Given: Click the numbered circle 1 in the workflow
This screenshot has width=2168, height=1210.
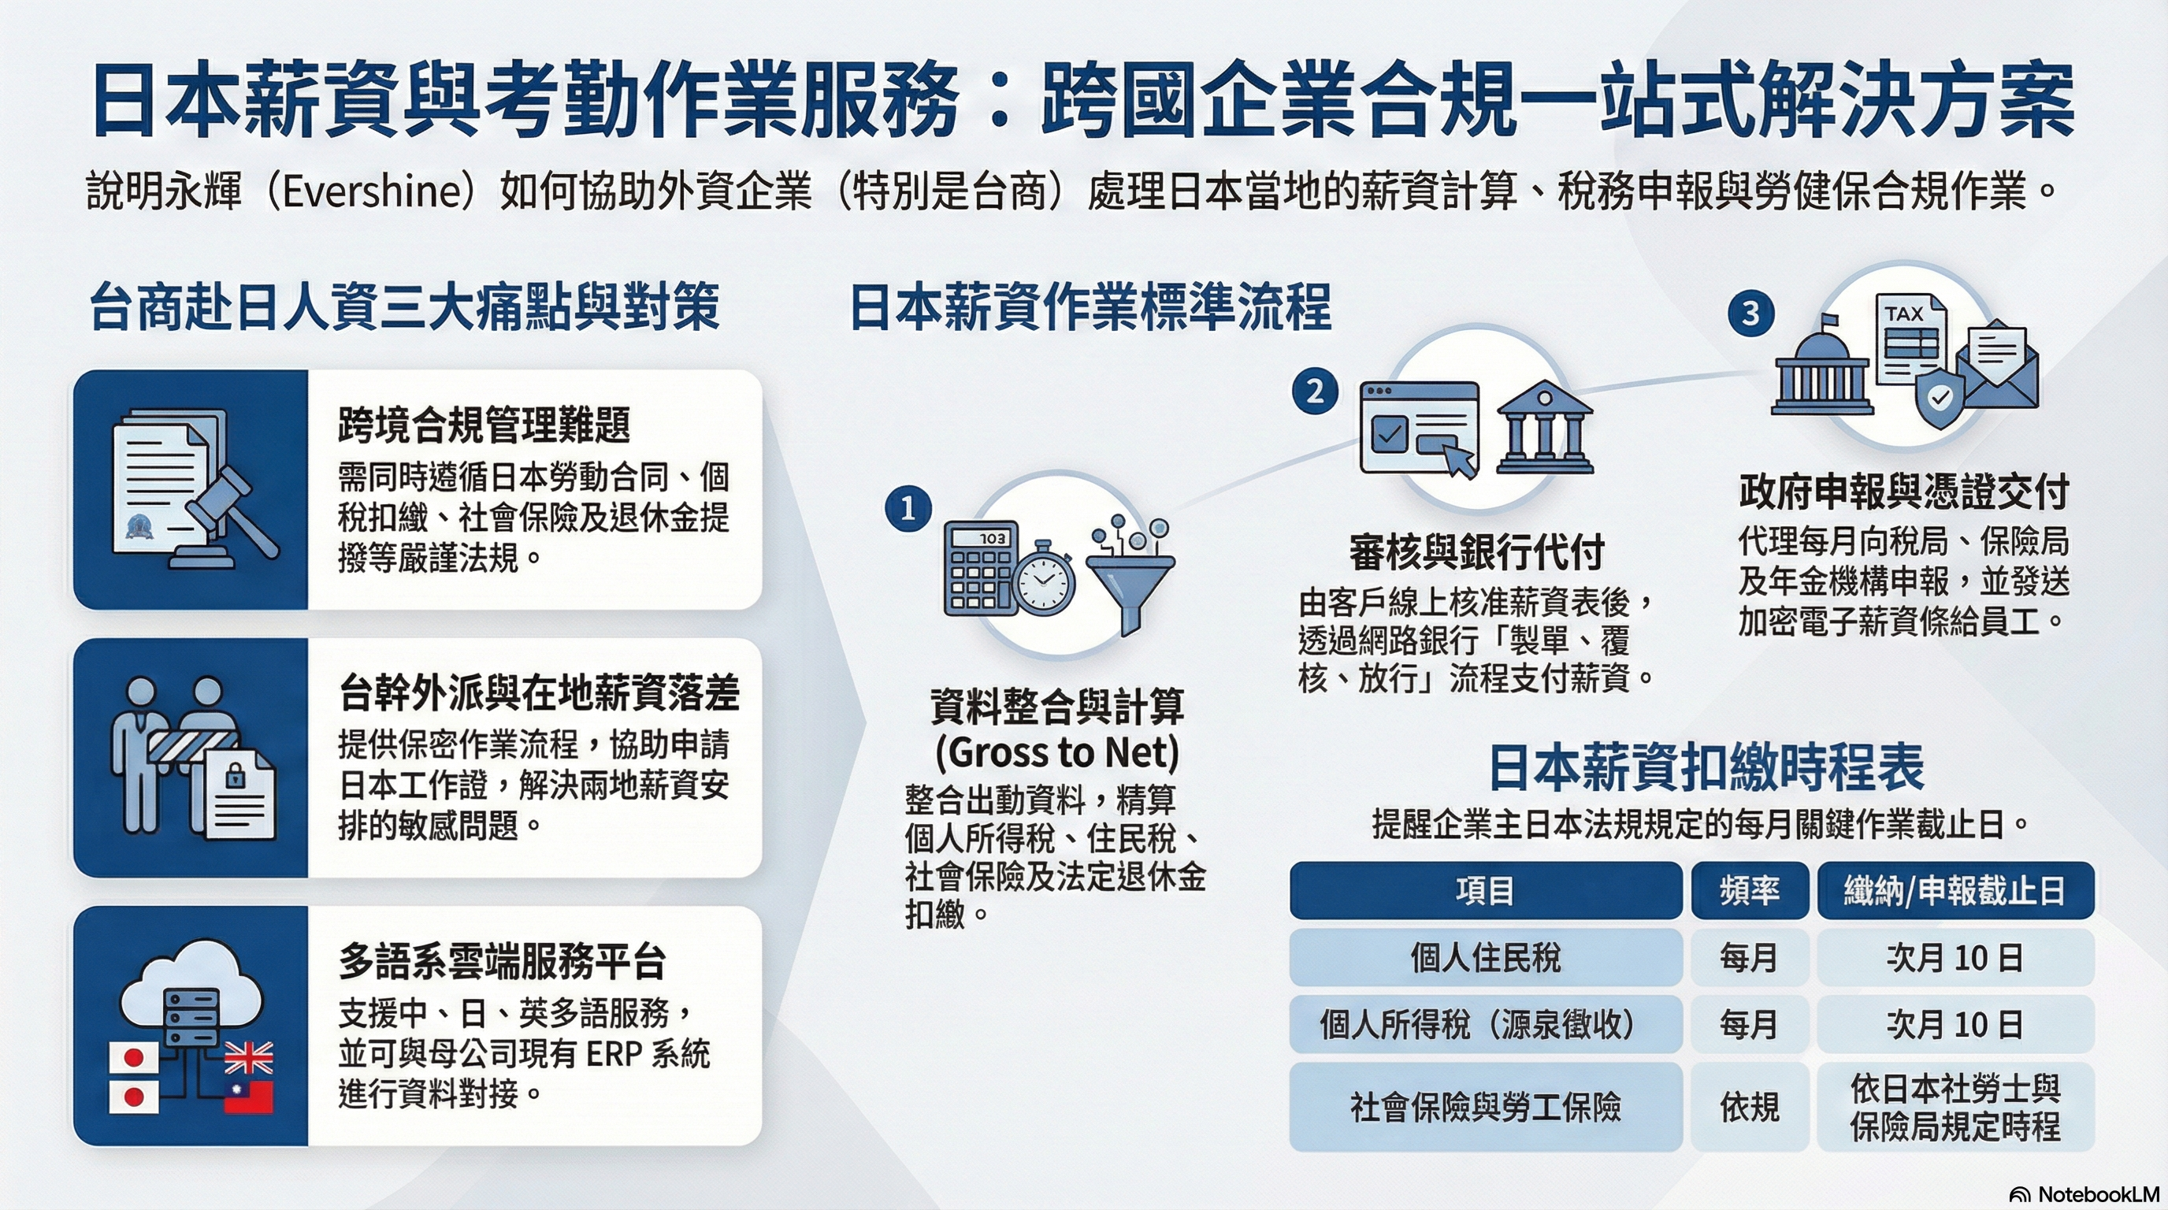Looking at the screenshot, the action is coord(908,509).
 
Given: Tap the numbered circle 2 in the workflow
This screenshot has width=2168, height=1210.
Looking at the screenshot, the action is coord(1316,392).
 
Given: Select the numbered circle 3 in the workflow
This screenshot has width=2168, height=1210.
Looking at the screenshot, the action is coord(1751,313).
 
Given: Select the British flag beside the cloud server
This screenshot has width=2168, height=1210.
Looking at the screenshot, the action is coord(249,1058).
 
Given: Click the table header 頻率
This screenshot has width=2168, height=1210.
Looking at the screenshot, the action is coord(1750,890).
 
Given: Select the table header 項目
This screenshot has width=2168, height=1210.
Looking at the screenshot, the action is coord(1486,890).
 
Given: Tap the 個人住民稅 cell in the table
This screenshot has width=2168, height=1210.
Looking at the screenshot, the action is coord(1486,958).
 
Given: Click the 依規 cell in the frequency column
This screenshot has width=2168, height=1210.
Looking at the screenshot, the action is coord(1750,1108).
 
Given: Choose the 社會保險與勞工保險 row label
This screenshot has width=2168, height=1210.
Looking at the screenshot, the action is coord(1486,1108).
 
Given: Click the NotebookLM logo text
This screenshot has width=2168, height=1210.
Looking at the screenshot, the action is coord(2097,1194).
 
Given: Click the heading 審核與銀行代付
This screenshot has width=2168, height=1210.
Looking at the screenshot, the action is coord(1477,552).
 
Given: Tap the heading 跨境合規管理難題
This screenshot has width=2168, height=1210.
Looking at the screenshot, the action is coord(484,424).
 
